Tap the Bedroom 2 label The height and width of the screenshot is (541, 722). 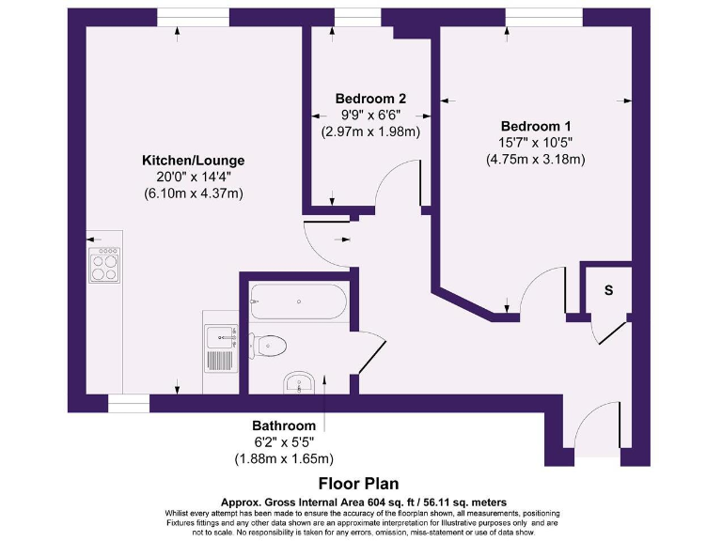(x=370, y=99)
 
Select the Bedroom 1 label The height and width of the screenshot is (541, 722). (x=536, y=126)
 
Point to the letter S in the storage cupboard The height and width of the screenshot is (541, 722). (x=608, y=290)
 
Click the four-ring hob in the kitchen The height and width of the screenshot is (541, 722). (x=104, y=264)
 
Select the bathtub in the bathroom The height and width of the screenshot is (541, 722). (x=298, y=301)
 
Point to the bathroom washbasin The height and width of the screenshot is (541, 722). (x=300, y=383)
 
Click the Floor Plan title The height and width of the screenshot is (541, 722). (x=358, y=484)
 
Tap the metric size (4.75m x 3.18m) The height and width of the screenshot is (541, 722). (x=536, y=159)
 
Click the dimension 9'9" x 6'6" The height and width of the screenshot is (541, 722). (x=370, y=115)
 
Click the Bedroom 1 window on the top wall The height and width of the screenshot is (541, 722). (x=544, y=17)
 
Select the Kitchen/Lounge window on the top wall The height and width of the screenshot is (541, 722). (x=193, y=17)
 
